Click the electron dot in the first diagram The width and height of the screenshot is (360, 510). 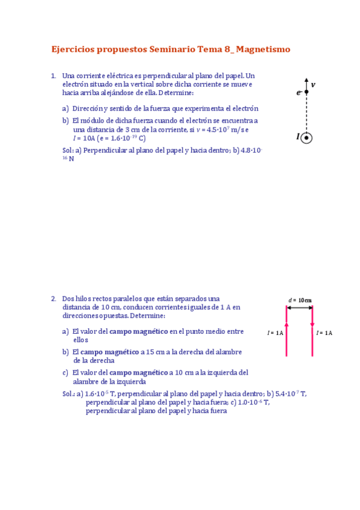[306, 93]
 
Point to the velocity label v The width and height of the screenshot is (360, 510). [314, 85]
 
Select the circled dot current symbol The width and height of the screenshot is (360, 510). [307, 138]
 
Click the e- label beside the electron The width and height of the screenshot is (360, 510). [299, 93]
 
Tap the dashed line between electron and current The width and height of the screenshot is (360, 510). [306, 114]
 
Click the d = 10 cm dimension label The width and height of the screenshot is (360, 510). [300, 300]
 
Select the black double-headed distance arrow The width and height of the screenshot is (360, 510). [299, 308]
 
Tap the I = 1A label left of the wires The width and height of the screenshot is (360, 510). [275, 333]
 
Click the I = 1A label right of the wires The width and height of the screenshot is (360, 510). [325, 333]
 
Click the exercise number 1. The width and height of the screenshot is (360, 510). [53, 76]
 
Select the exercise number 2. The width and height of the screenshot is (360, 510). [53, 299]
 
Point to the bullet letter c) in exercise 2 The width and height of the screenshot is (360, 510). [65, 373]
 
